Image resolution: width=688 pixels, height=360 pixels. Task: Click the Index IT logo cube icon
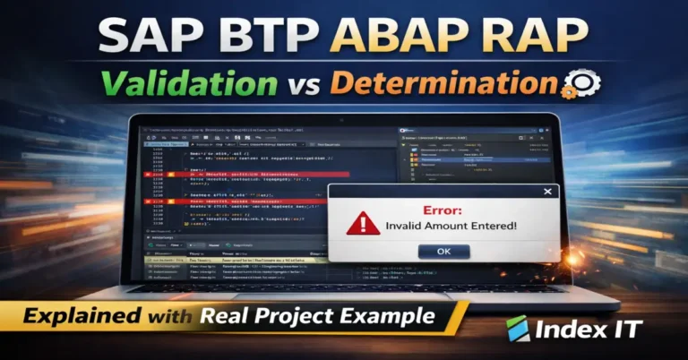point(519,329)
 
